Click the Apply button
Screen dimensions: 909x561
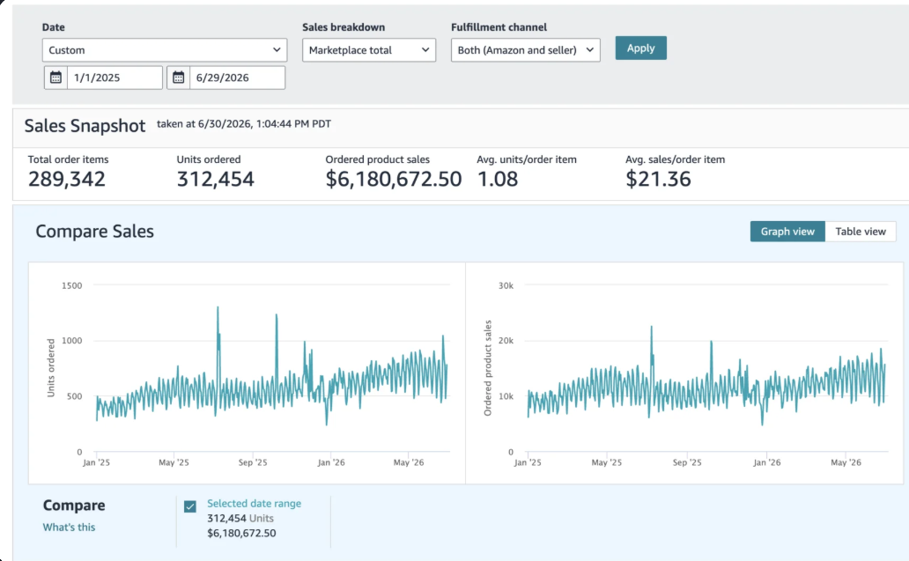click(640, 48)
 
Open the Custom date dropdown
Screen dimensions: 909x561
click(165, 50)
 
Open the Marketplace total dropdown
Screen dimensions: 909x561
click(369, 50)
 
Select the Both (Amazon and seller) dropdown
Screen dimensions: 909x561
click(525, 50)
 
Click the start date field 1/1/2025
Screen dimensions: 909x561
click(115, 78)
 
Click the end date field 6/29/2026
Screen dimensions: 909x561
click(237, 78)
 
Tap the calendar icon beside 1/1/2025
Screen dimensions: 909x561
click(55, 78)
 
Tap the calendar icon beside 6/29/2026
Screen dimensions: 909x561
click(179, 78)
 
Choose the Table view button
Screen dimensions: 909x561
click(861, 232)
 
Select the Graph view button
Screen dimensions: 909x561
click(787, 232)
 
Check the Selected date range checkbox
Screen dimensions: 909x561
click(190, 506)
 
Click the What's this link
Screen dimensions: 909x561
click(69, 528)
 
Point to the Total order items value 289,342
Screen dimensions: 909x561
click(67, 179)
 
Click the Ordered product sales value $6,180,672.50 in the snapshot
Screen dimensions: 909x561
click(393, 179)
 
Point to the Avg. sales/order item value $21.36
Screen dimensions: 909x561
click(658, 179)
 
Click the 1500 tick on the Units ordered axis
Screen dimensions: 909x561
click(72, 285)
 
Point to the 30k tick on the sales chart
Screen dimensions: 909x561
click(506, 285)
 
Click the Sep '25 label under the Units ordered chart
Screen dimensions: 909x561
click(253, 462)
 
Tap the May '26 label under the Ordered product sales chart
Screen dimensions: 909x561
click(846, 462)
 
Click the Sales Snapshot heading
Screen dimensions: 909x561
click(85, 126)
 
